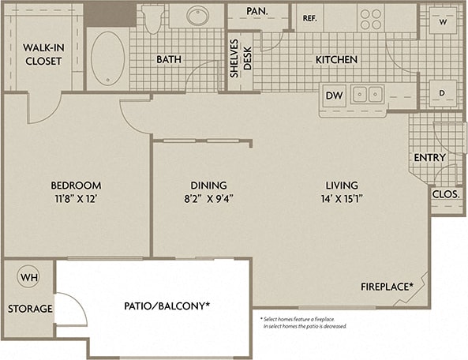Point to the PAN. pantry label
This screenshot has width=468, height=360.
pyautogui.click(x=256, y=11)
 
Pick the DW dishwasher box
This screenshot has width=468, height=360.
pyautogui.click(x=335, y=96)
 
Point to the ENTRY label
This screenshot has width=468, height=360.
pyautogui.click(x=429, y=157)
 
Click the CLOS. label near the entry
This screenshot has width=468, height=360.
pyautogui.click(x=446, y=193)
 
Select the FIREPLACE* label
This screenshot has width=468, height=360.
pyautogui.click(x=388, y=286)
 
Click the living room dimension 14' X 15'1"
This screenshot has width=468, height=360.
pyautogui.click(x=346, y=197)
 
